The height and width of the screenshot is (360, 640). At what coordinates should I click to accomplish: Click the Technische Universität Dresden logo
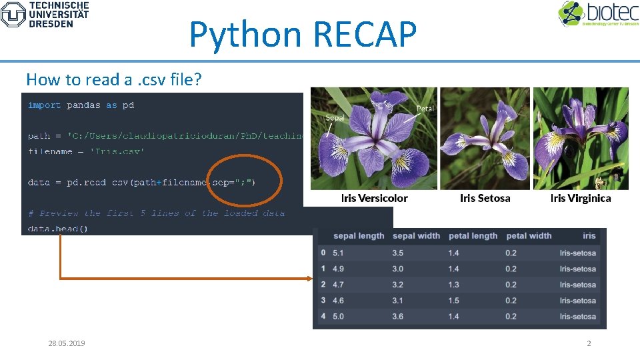45,14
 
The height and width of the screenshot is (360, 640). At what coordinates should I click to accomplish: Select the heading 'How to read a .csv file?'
113,79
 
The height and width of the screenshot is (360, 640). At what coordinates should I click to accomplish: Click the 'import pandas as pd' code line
81,105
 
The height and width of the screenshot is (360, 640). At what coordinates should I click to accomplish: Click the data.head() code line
57,228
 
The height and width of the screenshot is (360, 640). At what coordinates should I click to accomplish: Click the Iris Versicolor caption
374,198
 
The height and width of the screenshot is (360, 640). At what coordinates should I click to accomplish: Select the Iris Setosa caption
485,198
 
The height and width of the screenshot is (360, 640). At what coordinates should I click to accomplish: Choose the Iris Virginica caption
580,198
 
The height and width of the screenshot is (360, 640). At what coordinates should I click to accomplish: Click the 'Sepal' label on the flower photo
335,118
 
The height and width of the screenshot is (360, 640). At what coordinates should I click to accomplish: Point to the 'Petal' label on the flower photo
425,108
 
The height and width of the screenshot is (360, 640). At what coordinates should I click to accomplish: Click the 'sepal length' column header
359,235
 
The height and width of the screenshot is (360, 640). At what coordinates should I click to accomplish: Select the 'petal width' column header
529,235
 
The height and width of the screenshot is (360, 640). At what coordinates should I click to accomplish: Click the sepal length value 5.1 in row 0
338,253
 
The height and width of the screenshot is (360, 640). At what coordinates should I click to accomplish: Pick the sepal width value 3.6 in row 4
397,316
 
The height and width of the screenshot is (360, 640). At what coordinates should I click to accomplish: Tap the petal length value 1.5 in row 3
453,301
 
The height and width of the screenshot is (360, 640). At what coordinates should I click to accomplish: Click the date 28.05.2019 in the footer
67,343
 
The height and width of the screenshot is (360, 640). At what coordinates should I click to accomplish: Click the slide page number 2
589,343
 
